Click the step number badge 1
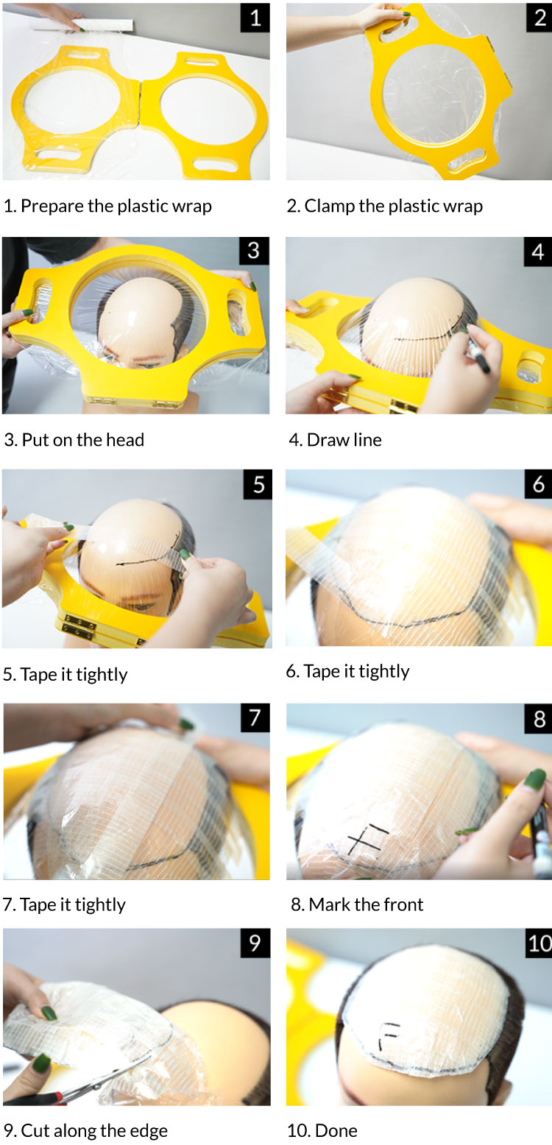(x=255, y=18)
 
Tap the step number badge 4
(x=538, y=252)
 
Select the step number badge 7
(x=255, y=717)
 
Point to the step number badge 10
(x=539, y=943)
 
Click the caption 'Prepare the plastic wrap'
(x=116, y=206)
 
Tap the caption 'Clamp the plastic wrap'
(x=394, y=206)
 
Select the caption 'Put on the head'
(x=82, y=439)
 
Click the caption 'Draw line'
(x=344, y=439)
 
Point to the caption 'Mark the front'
(x=366, y=904)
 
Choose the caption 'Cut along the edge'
(x=94, y=1130)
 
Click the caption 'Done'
(x=336, y=1130)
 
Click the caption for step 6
(x=347, y=671)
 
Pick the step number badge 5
(x=258, y=484)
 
